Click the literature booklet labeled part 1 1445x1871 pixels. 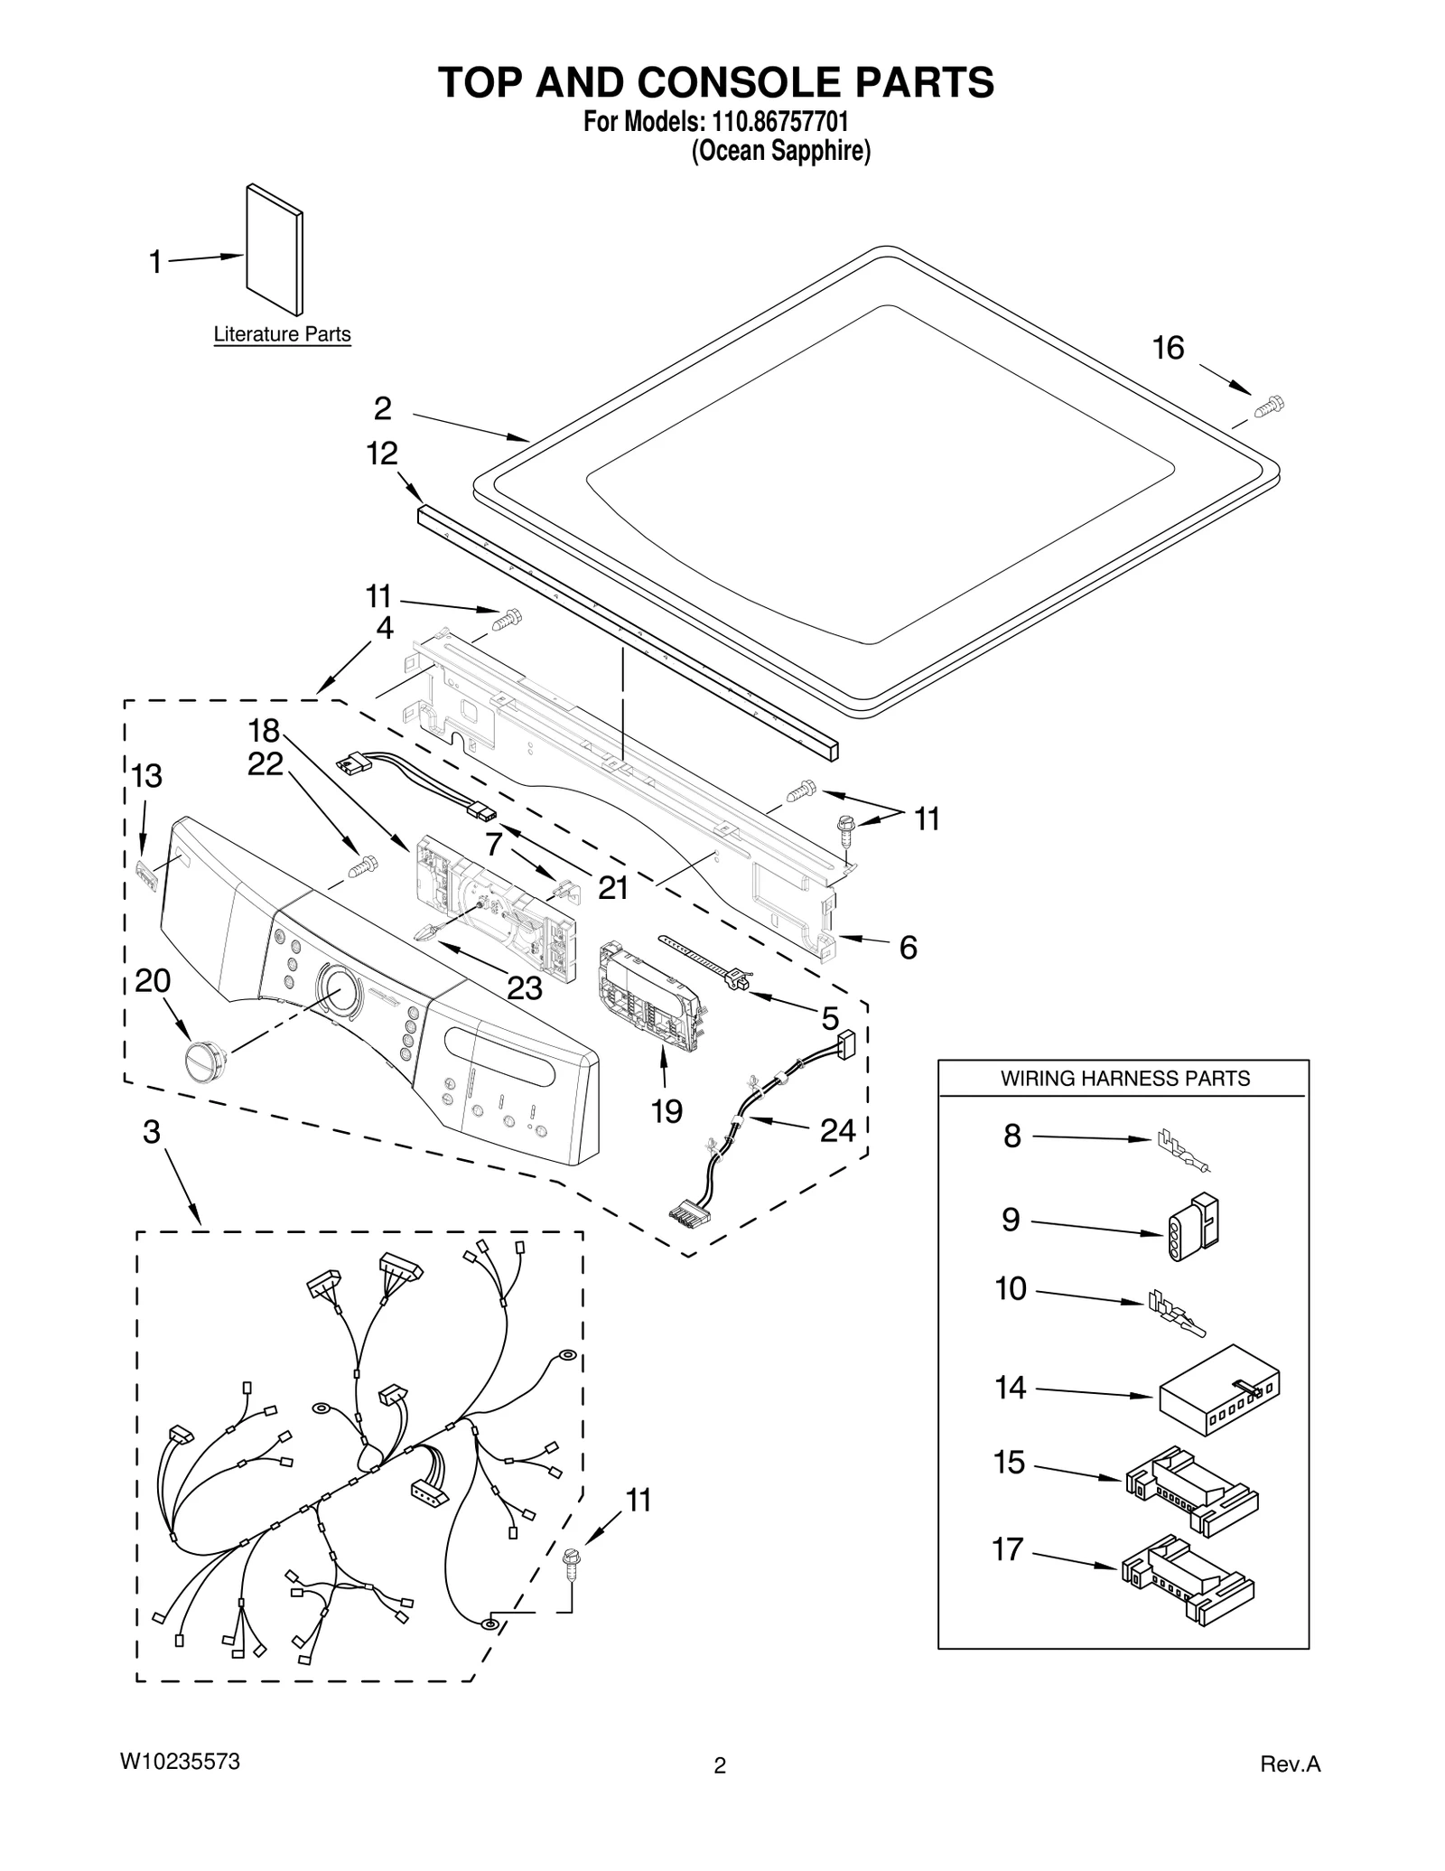[275, 250]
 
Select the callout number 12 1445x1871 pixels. [382, 453]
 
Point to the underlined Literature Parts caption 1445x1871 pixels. [282, 334]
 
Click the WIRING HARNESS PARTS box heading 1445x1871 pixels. [1124, 1078]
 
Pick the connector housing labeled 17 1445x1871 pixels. [1188, 1579]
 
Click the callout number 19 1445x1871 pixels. [667, 1110]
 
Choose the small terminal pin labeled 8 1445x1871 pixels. [1183, 1153]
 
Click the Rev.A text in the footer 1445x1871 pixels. [1290, 1764]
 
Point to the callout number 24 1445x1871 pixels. [837, 1129]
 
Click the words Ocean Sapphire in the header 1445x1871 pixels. [780, 151]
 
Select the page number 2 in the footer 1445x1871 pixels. [720, 1766]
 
